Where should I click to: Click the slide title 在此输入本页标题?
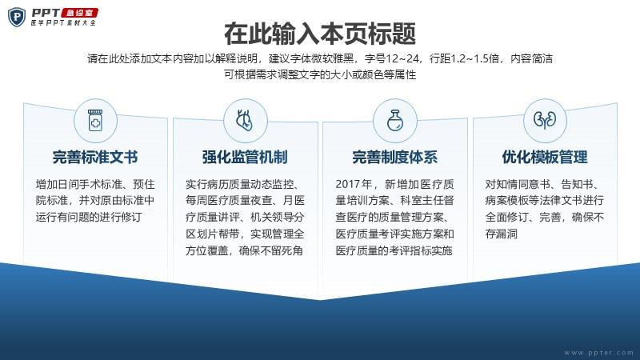(x=320, y=34)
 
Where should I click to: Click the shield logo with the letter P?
(x=17, y=17)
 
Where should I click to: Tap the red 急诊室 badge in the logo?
(x=81, y=13)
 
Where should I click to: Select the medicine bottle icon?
(x=95, y=121)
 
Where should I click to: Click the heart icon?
(x=245, y=121)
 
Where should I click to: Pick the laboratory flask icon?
(x=394, y=121)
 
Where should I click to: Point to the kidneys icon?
(x=545, y=120)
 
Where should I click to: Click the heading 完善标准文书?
(x=95, y=157)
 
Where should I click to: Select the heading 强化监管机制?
(x=245, y=157)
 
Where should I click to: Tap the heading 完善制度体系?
(x=394, y=157)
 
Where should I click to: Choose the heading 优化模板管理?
(x=545, y=157)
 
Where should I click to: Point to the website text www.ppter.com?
(x=598, y=353)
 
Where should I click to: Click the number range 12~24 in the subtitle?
(x=402, y=58)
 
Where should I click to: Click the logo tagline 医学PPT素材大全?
(x=63, y=23)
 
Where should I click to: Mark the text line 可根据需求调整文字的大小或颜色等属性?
(x=320, y=74)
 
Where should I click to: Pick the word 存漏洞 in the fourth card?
(x=502, y=234)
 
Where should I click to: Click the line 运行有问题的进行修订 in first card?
(x=89, y=217)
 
